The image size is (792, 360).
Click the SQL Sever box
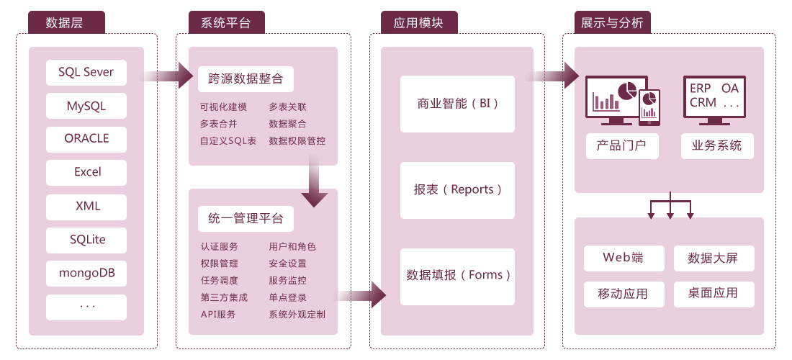pos(86,72)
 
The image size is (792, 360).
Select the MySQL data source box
pos(86,106)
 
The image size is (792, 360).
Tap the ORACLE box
pos(86,139)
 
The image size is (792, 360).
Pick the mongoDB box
pos(86,274)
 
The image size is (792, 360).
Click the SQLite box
pos(86,240)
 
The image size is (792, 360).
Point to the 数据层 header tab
pos(65,22)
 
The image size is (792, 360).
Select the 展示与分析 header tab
pos(612,22)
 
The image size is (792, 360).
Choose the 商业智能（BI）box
pos(458,104)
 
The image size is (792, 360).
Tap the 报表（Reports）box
pos(458,190)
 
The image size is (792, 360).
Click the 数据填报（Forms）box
pos(458,275)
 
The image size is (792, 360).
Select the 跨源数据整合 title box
pos(246,78)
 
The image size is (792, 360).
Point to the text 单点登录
pos(288,297)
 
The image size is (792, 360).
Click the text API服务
pos(218,315)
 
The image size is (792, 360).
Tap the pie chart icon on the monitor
pos(627,89)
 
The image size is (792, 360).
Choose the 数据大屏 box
pos(713,258)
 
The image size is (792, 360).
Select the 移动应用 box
pos(623,294)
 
